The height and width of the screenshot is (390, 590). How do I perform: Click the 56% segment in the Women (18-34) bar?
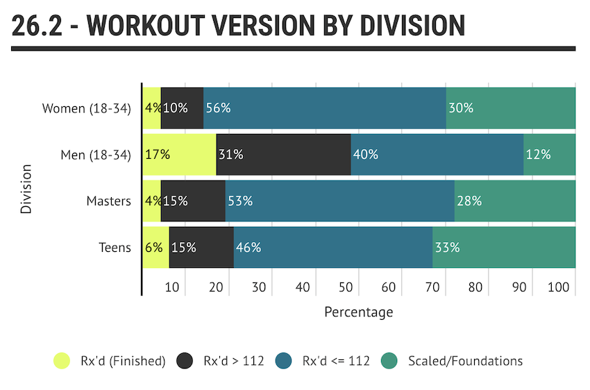point(324,108)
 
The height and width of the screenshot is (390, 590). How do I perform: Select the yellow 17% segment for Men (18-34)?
point(179,154)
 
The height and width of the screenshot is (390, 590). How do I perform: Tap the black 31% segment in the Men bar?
point(283,154)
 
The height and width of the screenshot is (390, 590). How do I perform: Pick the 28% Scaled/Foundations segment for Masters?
point(514,201)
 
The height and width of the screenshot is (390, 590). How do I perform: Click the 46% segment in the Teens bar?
point(333,247)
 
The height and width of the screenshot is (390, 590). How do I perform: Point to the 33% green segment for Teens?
point(503,247)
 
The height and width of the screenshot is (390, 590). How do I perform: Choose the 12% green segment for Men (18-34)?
point(549,154)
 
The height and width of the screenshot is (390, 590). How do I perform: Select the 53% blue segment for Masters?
point(339,201)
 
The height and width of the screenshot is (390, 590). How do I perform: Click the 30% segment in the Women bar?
point(510,108)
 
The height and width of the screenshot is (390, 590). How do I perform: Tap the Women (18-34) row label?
point(87,108)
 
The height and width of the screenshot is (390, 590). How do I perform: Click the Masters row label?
point(108,201)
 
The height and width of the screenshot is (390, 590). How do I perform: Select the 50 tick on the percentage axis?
point(345,287)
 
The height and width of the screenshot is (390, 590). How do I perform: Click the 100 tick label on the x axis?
point(557,287)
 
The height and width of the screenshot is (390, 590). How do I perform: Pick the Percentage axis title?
point(358,312)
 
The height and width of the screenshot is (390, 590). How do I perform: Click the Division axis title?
point(26,188)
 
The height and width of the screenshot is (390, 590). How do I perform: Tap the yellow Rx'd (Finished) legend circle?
point(62,361)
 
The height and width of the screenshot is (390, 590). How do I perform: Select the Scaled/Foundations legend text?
point(465,361)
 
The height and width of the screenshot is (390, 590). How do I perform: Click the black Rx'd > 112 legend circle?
point(184,361)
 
